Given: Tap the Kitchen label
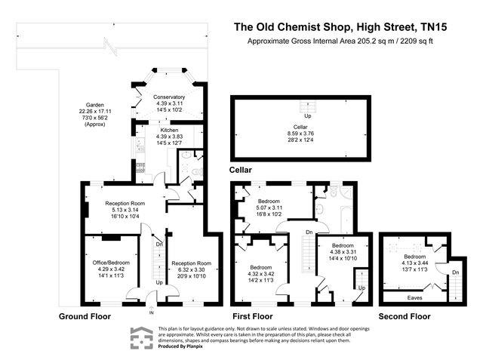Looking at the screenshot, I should point(169,137).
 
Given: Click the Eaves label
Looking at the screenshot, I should point(414,298).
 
